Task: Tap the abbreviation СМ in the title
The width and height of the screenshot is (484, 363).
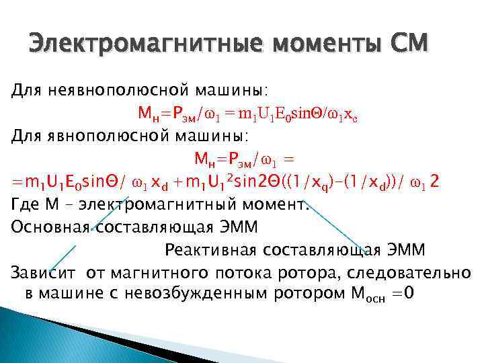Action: [407, 45]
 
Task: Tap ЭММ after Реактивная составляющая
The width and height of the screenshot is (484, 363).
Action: [405, 250]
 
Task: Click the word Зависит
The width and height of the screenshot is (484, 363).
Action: [44, 273]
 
